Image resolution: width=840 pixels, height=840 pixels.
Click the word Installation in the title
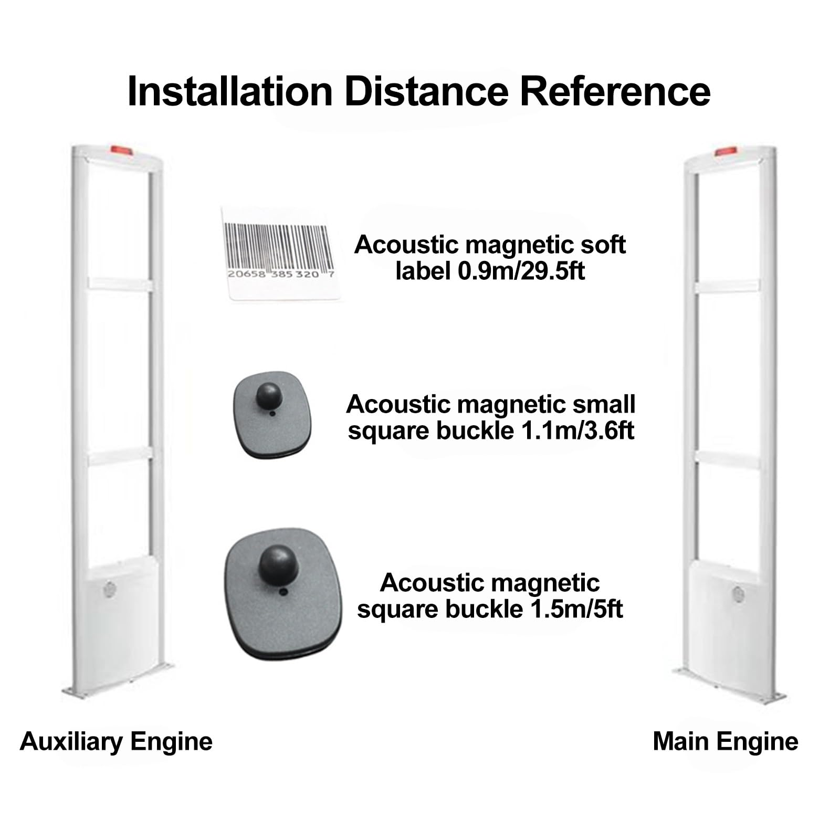point(230,92)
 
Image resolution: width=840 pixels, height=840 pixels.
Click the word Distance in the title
point(426,92)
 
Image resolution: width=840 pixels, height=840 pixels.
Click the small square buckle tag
point(272,415)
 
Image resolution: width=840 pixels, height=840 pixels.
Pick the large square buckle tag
point(283,593)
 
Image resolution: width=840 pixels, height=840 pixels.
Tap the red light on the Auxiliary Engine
point(120,151)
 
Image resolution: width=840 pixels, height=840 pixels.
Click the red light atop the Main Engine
point(724,152)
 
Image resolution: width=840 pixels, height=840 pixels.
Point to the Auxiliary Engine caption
point(116,742)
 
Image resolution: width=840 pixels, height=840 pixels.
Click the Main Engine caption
point(725,742)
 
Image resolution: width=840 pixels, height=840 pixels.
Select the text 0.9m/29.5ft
point(521,271)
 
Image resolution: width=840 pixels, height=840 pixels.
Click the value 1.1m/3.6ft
point(577,431)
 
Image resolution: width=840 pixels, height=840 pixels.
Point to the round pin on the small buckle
point(269,396)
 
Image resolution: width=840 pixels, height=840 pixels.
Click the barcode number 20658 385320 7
point(280,274)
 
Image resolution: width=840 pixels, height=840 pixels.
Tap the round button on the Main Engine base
point(738,594)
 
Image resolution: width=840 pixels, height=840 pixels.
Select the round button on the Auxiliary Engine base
point(110,589)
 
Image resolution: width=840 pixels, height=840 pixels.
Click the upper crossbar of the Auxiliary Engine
point(120,284)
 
